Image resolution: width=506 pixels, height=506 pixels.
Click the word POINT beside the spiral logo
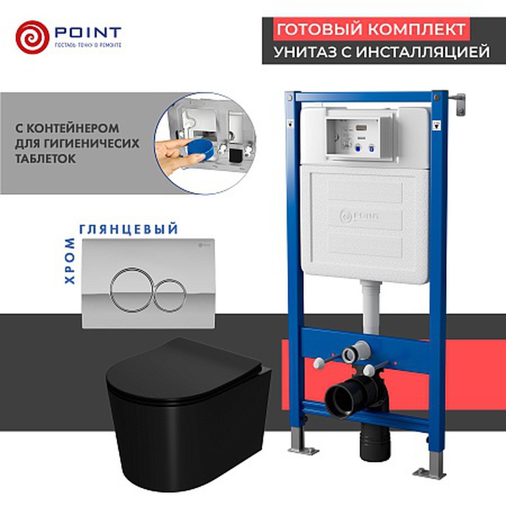(x=85, y=32)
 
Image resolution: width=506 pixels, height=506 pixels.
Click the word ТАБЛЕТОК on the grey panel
(x=48, y=157)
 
